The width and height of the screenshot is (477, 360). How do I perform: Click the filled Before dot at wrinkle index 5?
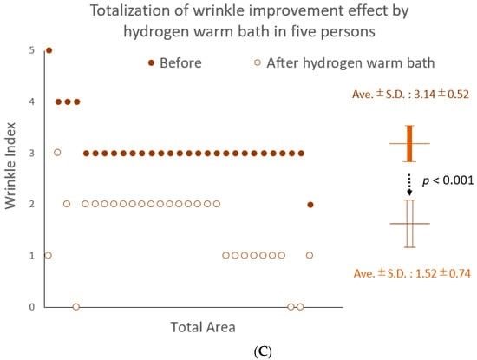(x=49, y=50)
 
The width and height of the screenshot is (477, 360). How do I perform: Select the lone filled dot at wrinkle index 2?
(x=310, y=205)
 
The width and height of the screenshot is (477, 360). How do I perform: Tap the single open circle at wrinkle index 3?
(x=57, y=152)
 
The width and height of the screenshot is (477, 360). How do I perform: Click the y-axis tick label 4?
(x=32, y=101)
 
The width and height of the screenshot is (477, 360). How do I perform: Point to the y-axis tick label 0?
(x=32, y=307)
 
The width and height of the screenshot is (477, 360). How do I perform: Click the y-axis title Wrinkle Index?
(x=10, y=166)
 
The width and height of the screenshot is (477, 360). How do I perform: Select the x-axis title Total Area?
(x=203, y=327)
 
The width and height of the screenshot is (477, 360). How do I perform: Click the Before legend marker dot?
(x=151, y=62)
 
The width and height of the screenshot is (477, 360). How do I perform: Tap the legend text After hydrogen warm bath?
(x=350, y=63)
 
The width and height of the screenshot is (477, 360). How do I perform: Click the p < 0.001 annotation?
(x=448, y=180)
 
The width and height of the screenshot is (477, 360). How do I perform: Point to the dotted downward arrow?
(x=409, y=185)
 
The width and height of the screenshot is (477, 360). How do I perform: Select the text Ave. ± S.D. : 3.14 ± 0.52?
(x=410, y=94)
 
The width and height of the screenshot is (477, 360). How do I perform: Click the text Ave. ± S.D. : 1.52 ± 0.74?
(x=412, y=273)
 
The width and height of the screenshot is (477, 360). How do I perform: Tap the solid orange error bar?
(x=409, y=143)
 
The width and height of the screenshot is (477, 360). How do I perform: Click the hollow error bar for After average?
(x=409, y=223)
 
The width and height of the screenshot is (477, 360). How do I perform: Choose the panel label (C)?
(x=262, y=352)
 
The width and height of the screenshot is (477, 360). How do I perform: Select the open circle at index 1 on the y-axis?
(x=48, y=255)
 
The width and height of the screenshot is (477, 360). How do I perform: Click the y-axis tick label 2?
(x=32, y=204)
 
